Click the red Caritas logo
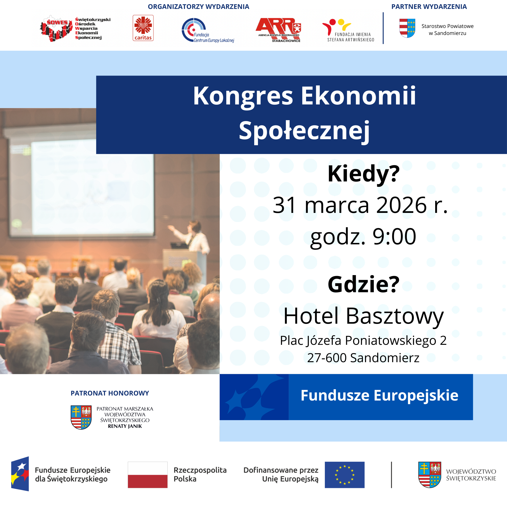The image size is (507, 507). [143, 28]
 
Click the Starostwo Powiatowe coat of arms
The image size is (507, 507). [407, 28]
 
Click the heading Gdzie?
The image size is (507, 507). [363, 284]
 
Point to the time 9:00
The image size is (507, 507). [394, 236]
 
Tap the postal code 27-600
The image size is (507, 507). [326, 358]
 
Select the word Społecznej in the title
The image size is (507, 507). [304, 131]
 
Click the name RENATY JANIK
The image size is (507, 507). [125, 426]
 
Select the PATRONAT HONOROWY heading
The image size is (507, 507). [110, 393]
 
